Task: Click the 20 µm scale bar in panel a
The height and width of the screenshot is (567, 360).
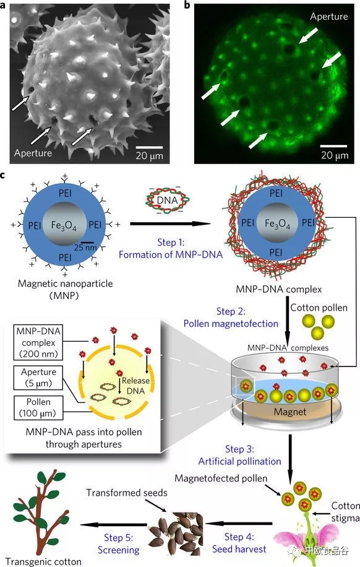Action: (149, 147)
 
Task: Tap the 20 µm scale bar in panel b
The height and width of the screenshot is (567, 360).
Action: (334, 146)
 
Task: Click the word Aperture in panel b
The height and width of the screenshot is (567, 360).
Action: (329, 16)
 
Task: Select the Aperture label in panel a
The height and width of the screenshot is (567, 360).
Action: (33, 153)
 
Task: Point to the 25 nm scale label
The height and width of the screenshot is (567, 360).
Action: (85, 248)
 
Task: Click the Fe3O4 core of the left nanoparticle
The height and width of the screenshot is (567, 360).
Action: (64, 225)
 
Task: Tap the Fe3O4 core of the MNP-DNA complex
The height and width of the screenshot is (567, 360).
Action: (277, 223)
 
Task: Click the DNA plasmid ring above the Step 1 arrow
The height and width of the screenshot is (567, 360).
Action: (168, 200)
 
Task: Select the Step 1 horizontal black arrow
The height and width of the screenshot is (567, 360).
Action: (170, 223)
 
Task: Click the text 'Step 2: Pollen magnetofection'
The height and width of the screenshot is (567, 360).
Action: (231, 318)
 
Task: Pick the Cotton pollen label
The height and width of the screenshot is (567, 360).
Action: (319, 308)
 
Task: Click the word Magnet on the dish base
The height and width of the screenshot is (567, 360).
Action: (290, 412)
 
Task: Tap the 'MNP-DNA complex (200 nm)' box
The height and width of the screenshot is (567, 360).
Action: (38, 342)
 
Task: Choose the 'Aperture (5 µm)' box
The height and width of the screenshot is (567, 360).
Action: (38, 378)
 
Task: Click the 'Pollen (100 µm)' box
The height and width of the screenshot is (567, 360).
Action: (38, 407)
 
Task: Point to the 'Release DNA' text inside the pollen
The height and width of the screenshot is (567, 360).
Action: (135, 386)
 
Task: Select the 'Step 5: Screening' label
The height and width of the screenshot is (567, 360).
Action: (119, 544)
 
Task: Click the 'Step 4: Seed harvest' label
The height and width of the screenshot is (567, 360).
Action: (239, 543)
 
